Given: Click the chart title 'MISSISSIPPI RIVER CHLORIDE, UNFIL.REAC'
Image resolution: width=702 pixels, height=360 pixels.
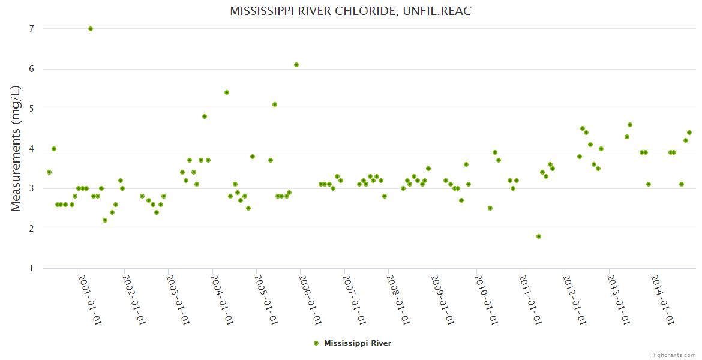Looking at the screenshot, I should pyautogui.click(x=350, y=11).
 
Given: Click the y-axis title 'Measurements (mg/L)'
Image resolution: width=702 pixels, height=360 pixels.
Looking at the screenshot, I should pyautogui.click(x=16, y=148).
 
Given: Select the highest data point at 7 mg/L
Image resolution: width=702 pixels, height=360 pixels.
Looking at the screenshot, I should pyautogui.click(x=91, y=29).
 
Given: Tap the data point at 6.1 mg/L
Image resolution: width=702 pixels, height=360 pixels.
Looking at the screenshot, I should pyautogui.click(x=296, y=65).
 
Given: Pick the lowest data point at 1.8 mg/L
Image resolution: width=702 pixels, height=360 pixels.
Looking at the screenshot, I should pyautogui.click(x=539, y=236).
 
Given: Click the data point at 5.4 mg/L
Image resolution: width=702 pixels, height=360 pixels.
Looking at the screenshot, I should pyautogui.click(x=227, y=92).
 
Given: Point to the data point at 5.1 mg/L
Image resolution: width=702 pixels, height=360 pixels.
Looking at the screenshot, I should pyautogui.click(x=275, y=104).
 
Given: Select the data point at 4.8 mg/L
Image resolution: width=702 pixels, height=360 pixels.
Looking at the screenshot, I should pyautogui.click(x=205, y=116).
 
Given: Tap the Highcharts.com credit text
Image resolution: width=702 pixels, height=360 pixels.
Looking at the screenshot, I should pyautogui.click(x=673, y=355).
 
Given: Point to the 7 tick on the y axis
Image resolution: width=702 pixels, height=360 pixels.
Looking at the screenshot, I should pyautogui.click(x=31, y=29).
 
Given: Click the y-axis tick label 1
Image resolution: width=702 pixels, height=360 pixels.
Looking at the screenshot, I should pyautogui.click(x=31, y=268).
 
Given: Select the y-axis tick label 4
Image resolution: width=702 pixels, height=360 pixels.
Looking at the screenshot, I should pyautogui.click(x=31, y=149).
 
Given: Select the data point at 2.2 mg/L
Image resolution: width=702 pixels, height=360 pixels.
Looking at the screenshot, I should pyautogui.click(x=105, y=220).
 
